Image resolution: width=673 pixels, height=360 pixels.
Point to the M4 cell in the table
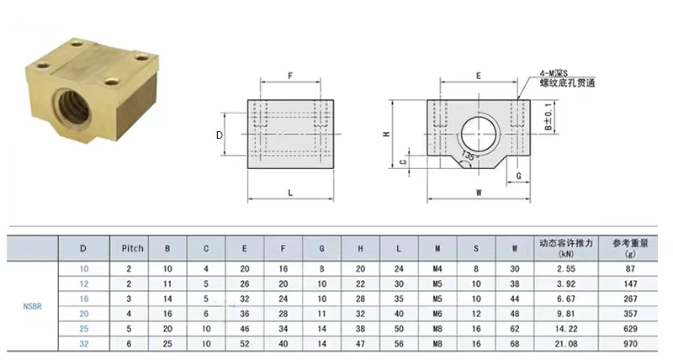tap(437, 268)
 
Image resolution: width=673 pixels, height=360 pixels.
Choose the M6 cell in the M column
tap(437, 314)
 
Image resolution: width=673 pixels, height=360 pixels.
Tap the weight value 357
tap(629, 314)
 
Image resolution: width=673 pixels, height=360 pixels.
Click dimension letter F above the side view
tap(289, 76)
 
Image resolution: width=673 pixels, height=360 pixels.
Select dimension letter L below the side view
tap(289, 193)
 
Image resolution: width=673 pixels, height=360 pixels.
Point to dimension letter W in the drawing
tap(478, 193)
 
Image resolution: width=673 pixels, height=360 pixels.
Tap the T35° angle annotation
tap(470, 156)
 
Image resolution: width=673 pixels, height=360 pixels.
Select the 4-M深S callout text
tap(554, 73)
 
